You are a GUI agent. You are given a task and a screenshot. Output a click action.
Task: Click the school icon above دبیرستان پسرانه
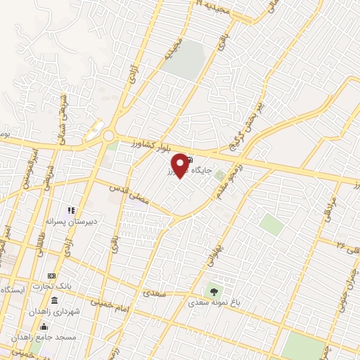[x=70, y=210]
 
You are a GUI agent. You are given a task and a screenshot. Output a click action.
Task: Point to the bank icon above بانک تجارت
[x=51, y=276]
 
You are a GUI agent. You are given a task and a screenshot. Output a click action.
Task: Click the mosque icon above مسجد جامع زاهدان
[x=44, y=326]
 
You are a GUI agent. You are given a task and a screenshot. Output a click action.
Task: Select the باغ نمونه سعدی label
[x=214, y=303]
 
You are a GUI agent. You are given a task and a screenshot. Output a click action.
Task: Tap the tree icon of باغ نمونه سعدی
[x=212, y=290]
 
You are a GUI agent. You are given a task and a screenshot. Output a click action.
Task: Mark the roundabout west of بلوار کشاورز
[x=109, y=135]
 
